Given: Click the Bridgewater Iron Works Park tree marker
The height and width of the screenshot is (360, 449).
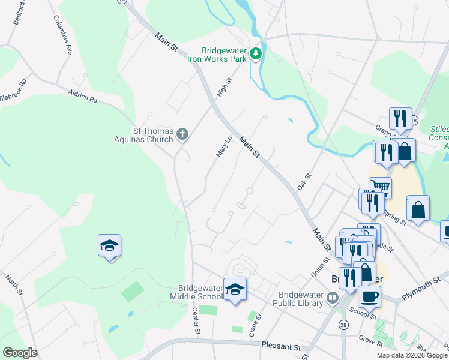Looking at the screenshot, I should tap(256, 55).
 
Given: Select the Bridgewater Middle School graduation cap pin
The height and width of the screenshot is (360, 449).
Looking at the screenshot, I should tap(235, 289).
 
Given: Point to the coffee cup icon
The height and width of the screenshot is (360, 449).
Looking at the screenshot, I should tap(369, 296).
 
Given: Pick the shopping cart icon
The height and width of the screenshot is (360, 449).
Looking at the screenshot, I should tap(379, 188).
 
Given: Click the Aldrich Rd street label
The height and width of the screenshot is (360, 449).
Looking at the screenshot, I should tap(83, 96).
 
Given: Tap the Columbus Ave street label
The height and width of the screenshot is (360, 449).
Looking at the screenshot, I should tap(63, 35).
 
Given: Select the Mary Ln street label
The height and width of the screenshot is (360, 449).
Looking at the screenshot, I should tap(223, 147).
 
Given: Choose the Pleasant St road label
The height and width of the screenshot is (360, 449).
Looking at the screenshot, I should tap(280, 346).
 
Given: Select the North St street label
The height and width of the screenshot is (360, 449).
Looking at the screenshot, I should tap(13, 284).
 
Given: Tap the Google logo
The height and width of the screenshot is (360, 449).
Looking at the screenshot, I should tap(20, 353).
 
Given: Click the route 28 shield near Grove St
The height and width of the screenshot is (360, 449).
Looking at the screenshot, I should tap(343, 325).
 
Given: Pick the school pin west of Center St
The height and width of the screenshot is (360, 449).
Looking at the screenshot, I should tap(110, 246).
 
